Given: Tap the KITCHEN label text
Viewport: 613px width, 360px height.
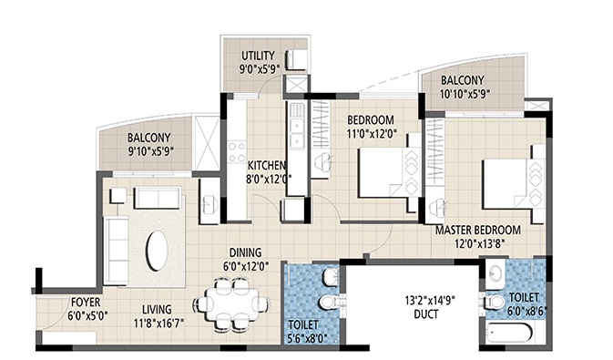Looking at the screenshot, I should (x=267, y=166).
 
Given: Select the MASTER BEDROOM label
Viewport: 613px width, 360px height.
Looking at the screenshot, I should (x=477, y=230).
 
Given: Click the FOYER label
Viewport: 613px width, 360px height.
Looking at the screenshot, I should (x=85, y=301).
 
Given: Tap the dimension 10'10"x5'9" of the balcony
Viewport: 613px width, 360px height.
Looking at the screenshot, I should (x=474, y=92).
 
